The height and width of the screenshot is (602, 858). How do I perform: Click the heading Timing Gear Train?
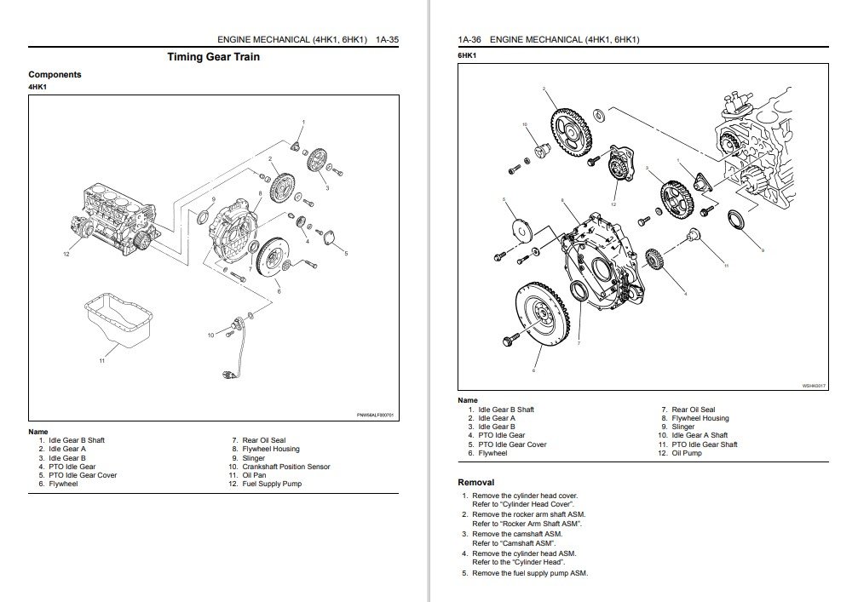(214, 57)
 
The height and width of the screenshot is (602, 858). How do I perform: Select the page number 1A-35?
(381, 40)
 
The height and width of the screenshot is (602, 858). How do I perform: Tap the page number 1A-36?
(471, 40)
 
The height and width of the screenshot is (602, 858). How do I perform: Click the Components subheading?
(55, 74)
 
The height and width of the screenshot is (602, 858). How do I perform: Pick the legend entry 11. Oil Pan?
(256, 475)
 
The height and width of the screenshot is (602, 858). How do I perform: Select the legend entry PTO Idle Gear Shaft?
(704, 444)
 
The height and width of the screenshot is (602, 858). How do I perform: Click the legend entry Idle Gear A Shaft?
(699, 436)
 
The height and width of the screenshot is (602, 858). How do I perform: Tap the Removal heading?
(475, 482)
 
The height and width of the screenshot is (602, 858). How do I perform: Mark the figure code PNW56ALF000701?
(375, 415)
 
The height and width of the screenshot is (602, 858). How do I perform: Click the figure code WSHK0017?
(814, 386)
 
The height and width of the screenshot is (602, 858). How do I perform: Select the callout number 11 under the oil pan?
(101, 361)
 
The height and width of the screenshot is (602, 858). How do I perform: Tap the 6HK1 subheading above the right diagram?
(465, 54)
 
